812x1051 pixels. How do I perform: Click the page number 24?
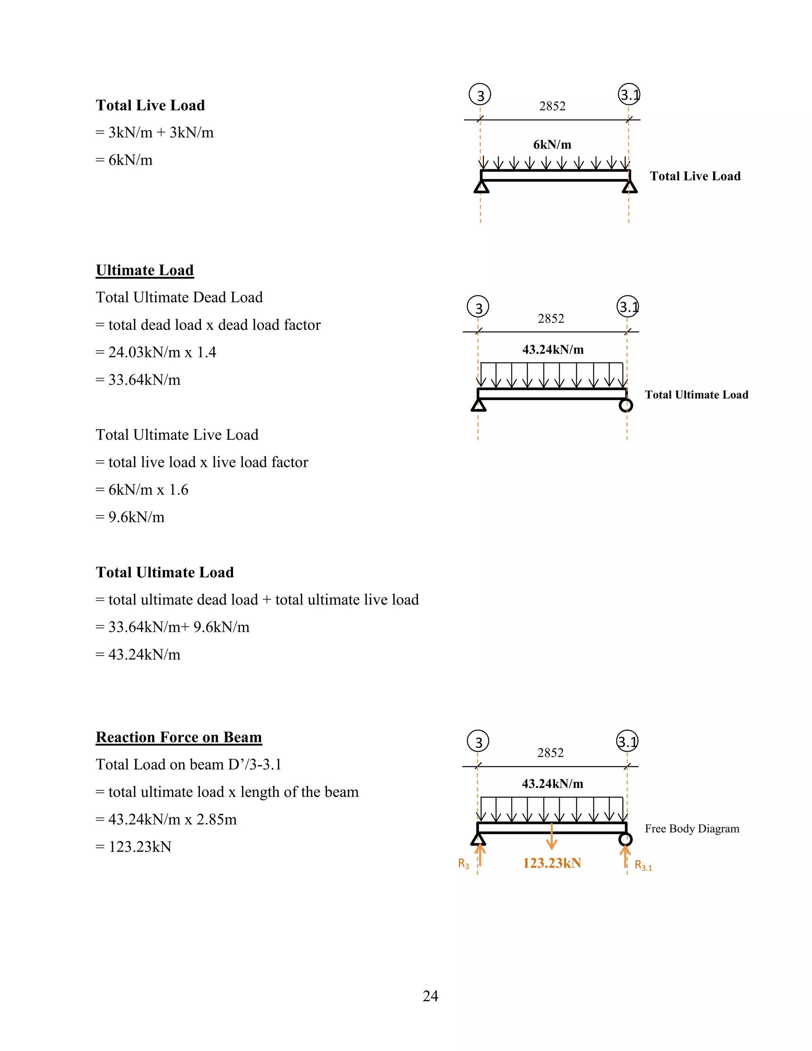tap(430, 995)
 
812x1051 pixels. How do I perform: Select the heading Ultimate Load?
tap(145, 270)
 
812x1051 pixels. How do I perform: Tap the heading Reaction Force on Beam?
tap(179, 737)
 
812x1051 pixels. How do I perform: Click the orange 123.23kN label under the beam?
tap(552, 863)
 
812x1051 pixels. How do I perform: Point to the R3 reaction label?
tap(463, 864)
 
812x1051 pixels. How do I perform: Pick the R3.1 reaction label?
tap(643, 865)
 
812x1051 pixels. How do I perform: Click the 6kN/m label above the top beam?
tap(552, 144)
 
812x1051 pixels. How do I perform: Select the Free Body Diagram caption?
tap(692, 828)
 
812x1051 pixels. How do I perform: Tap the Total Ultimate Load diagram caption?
tap(696, 395)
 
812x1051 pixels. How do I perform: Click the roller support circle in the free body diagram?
tap(625, 839)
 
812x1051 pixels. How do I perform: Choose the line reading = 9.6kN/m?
tap(130, 517)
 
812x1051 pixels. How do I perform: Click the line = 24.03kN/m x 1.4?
tap(156, 352)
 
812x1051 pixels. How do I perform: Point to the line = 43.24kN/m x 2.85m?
tap(166, 819)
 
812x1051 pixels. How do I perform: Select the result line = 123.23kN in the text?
tap(133, 846)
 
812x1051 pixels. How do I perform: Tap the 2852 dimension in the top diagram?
tap(552, 106)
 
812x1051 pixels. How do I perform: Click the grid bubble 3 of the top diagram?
tap(480, 94)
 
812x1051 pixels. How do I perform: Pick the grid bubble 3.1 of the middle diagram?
tap(628, 307)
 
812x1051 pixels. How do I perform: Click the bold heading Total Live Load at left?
tap(150, 105)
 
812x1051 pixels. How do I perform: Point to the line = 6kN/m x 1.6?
tap(142, 489)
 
